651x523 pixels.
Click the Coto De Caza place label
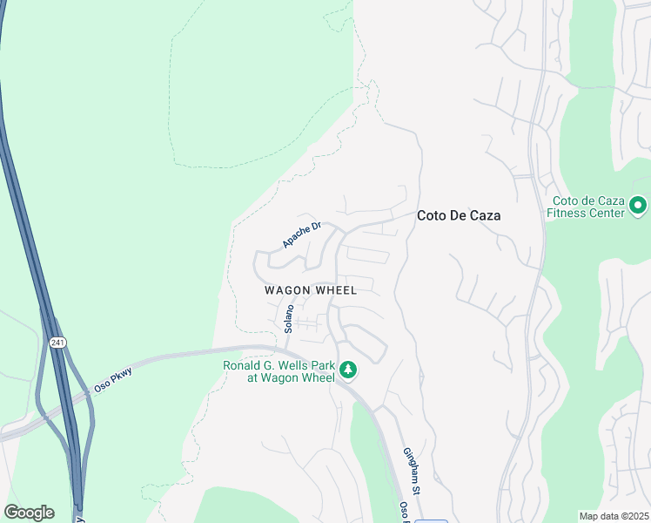click(x=459, y=215)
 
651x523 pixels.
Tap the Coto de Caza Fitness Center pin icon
click(x=638, y=206)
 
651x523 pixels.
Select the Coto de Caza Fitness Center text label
click(x=587, y=206)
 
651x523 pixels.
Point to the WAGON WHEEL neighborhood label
click(x=311, y=290)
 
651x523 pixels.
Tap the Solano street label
click(x=289, y=318)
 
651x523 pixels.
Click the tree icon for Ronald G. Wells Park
click(x=348, y=370)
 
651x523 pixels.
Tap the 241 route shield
click(x=57, y=343)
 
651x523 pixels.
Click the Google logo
click(x=29, y=513)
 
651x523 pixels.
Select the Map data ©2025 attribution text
click(x=614, y=516)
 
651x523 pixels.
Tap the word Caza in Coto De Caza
click(x=484, y=215)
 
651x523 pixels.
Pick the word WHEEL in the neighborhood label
click(x=335, y=290)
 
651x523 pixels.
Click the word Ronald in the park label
click(x=244, y=366)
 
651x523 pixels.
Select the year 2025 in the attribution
click(x=636, y=516)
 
